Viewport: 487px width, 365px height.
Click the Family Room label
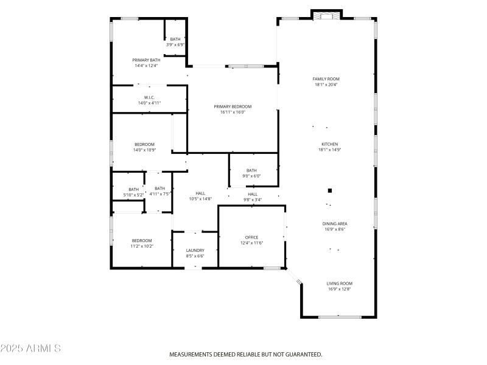[x=326, y=79]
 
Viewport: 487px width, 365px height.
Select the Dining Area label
[x=334, y=224]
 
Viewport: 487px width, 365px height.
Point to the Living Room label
[x=339, y=283]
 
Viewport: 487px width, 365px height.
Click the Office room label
[x=251, y=237]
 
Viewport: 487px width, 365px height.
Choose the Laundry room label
[x=195, y=250]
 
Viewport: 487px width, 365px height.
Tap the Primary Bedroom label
[x=232, y=106]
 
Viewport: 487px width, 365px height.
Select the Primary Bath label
[x=146, y=60]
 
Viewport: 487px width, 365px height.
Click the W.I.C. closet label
[x=149, y=97]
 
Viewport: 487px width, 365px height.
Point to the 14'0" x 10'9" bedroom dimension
[x=144, y=150]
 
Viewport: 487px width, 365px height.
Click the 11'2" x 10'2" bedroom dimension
[x=142, y=246]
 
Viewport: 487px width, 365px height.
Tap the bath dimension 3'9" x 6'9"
[x=175, y=45]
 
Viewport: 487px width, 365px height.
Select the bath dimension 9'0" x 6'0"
[x=251, y=176]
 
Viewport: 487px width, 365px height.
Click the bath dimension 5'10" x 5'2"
[x=133, y=195]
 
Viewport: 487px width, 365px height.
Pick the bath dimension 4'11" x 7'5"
[x=159, y=195]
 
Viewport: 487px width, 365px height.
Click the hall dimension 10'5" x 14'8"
[x=200, y=199]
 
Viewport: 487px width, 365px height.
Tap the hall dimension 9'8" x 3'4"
[x=252, y=200]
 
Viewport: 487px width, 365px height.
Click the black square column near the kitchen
[x=330, y=189]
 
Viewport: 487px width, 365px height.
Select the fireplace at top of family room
[x=327, y=15]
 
